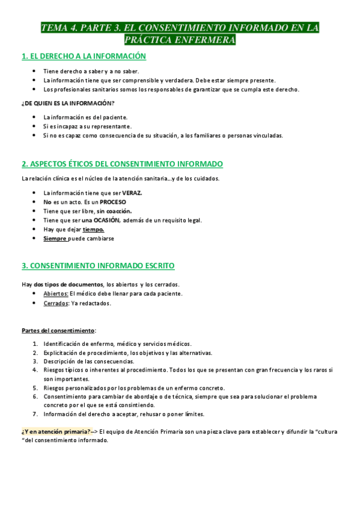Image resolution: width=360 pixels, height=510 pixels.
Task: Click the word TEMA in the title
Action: point(53,28)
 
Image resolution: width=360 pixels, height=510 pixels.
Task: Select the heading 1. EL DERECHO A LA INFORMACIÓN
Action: point(84,57)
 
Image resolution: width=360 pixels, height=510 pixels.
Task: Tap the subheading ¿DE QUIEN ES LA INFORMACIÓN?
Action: point(68,103)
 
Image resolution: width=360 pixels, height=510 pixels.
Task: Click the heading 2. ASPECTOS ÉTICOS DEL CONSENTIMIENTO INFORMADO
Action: point(122,164)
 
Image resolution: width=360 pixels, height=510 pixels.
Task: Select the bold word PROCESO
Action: point(113,202)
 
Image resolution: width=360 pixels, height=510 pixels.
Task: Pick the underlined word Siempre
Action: point(55,238)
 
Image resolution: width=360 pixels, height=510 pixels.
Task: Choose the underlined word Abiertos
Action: point(55,293)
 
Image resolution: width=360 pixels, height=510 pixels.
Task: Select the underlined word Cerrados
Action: point(55,303)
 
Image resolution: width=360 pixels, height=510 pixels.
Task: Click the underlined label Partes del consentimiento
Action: point(58,330)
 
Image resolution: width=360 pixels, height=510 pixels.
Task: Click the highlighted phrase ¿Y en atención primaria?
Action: point(56,431)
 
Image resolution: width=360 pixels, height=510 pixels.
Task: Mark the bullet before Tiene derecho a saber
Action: point(34,72)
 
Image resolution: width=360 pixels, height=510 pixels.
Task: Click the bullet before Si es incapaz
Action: point(34,126)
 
